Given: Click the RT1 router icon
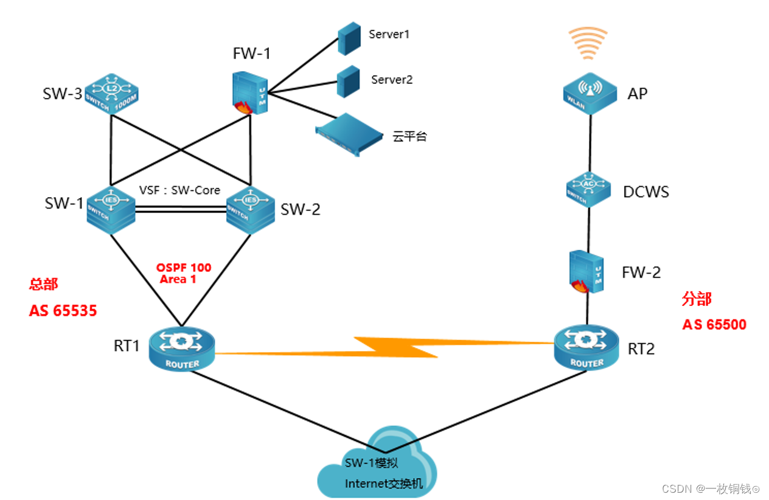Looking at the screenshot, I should tap(182, 349).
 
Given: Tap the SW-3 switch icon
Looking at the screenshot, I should tap(111, 95).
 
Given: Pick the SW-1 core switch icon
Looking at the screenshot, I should tap(110, 210).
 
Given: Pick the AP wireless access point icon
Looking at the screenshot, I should tap(588, 93).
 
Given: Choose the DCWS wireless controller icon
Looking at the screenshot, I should tap(588, 190).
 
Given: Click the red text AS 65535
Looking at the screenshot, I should tap(63, 311).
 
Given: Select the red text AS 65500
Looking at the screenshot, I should tap(714, 324).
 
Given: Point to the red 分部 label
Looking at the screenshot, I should tap(697, 299).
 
